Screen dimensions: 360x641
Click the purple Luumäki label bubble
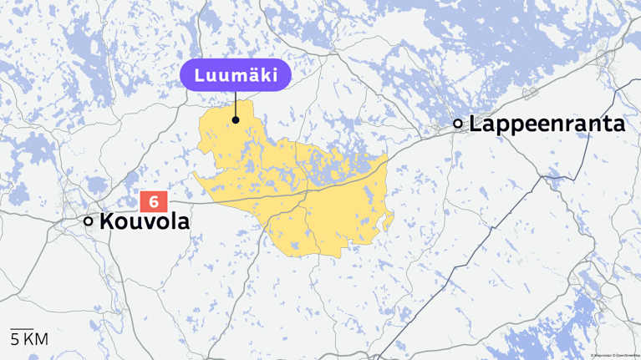click(236, 74)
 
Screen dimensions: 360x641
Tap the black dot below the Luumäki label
click(237, 119)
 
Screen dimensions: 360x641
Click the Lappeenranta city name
click(547, 124)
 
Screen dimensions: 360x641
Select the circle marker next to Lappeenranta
click(457, 124)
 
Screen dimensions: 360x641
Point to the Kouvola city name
click(145, 221)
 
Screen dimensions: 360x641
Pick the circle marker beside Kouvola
click(88, 221)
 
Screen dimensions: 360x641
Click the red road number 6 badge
click(154, 201)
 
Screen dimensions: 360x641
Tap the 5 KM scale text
click(28, 339)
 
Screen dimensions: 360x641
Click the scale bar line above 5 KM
click(22, 329)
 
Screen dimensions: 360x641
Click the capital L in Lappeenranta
click(476, 124)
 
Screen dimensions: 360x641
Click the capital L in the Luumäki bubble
click(199, 74)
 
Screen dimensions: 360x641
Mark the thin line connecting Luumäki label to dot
click(236, 104)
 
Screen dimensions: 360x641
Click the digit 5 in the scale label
click(14, 339)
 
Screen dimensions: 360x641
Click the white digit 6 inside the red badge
click(154, 201)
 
